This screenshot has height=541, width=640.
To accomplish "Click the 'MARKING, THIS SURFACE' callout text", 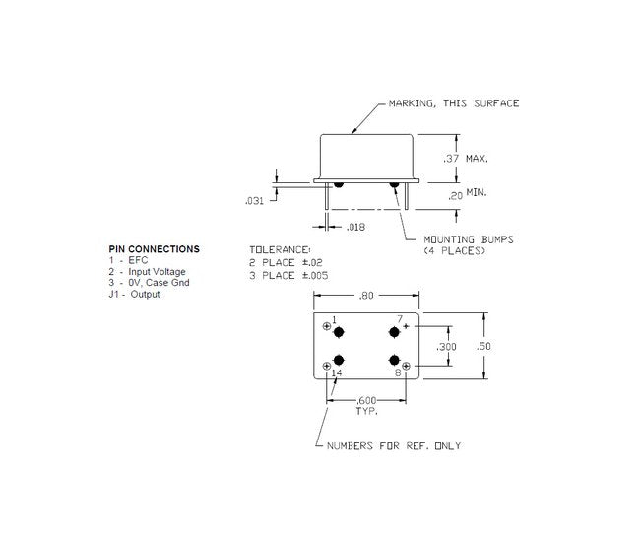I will [453, 103].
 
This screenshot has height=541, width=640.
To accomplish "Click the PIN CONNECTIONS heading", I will [154, 249].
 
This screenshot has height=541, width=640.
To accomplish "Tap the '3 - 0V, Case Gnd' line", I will [149, 283].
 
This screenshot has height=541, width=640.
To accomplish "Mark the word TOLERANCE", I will [280, 250].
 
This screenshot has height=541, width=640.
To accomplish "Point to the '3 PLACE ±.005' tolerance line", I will [288, 276].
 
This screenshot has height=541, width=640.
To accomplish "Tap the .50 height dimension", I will [484, 346].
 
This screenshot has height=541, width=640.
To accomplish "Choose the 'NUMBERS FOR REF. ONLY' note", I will [394, 446].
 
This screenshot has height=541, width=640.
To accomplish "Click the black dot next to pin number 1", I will [340, 331].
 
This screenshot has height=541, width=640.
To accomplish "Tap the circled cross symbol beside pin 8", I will [406, 365].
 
